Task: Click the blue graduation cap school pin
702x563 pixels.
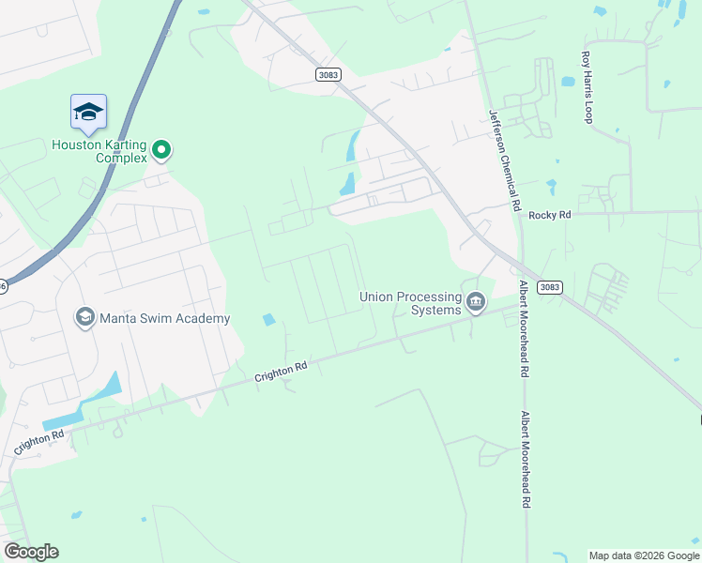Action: [88, 112]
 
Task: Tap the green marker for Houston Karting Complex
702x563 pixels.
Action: [161, 148]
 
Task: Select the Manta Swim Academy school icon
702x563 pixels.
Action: [85, 317]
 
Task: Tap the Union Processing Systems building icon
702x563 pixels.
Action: [476, 302]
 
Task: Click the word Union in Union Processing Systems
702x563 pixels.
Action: [377, 297]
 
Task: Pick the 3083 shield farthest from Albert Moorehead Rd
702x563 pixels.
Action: [328, 74]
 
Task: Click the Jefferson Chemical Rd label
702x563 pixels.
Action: [504, 159]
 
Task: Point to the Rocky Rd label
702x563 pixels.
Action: [549, 215]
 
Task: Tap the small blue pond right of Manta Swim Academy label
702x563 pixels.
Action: [269, 319]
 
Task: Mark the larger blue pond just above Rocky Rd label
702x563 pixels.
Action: [550, 186]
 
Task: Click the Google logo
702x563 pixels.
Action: [31, 552]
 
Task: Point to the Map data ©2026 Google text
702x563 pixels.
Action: [644, 555]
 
